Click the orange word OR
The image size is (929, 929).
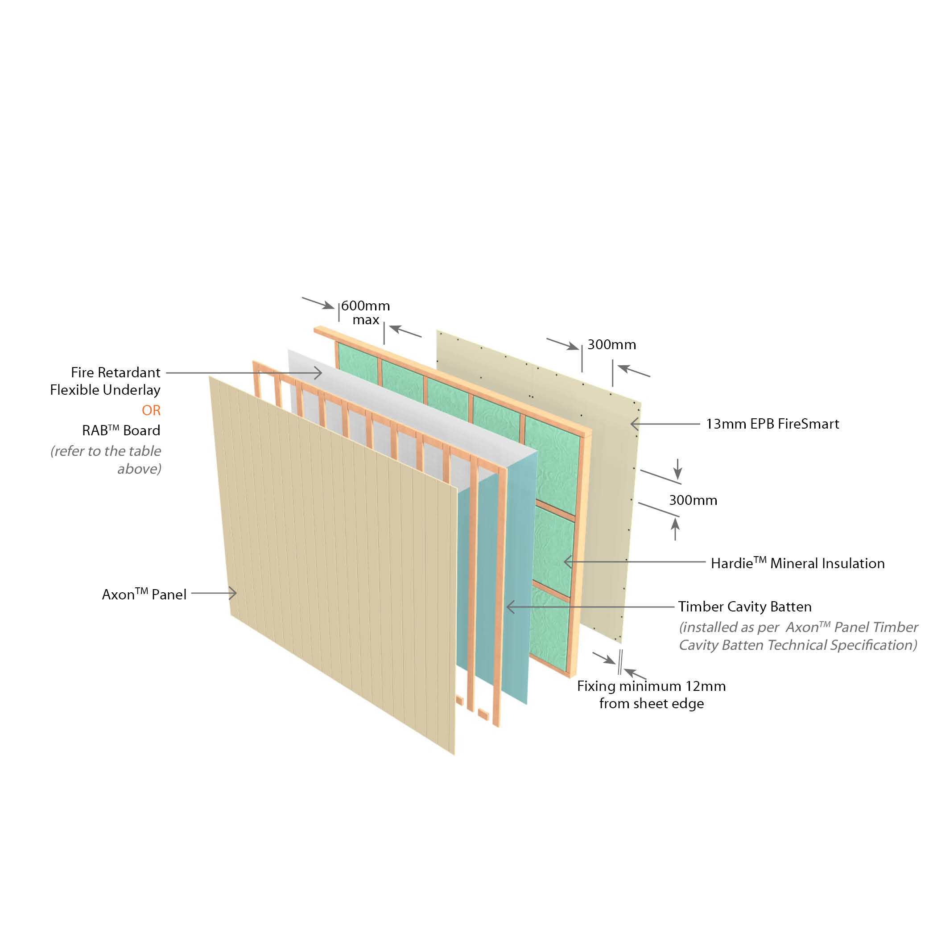tap(151, 410)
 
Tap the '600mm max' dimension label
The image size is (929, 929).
tap(365, 313)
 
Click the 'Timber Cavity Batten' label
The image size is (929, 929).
tap(745, 607)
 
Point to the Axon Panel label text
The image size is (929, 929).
tap(144, 595)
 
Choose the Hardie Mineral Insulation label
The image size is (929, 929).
tap(798, 563)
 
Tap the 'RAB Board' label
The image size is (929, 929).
tap(121, 430)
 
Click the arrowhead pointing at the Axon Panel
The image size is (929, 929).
tap(234, 593)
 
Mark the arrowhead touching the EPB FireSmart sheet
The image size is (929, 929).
tap(634, 424)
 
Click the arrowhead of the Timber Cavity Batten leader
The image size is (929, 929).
tap(510, 607)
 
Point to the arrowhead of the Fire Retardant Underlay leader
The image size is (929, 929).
tap(319, 373)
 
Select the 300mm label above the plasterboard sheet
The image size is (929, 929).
tap(611, 344)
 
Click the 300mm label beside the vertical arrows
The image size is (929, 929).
tap(693, 500)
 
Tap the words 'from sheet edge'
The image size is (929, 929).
tap(651, 703)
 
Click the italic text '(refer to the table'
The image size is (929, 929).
tap(106, 451)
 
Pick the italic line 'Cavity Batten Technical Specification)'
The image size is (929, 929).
tap(798, 645)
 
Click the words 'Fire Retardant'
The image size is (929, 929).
tap(116, 372)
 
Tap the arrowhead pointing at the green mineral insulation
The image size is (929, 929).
tap(567, 562)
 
